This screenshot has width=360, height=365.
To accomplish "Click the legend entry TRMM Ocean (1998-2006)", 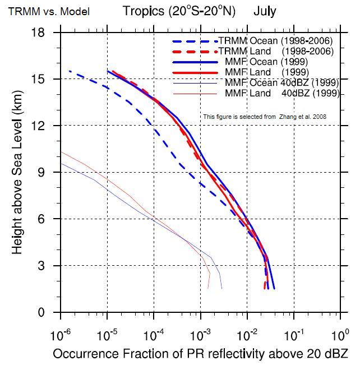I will pos(275,40).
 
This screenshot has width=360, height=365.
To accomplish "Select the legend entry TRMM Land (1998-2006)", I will pos(275,51).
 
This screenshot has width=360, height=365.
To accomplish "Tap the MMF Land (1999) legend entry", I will pos(270,72).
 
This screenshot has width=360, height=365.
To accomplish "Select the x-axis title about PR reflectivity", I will pos(200,354).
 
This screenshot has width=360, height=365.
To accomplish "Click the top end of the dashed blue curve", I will pos(70,71).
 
